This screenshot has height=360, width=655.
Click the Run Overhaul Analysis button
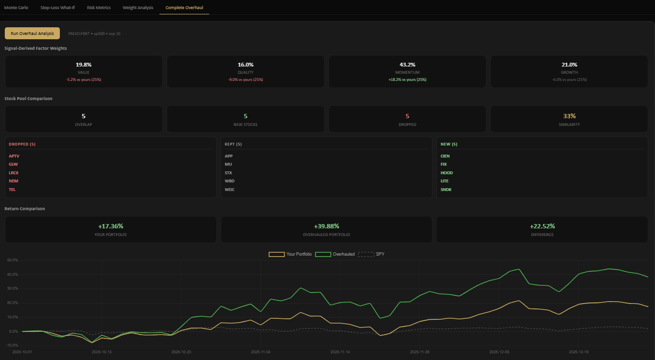click(x=32, y=33)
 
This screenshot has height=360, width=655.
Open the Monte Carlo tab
click(x=16, y=8)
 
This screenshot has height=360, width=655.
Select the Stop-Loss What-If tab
click(x=57, y=8)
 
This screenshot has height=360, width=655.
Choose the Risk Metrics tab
click(x=99, y=8)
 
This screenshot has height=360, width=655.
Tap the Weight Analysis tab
click(x=138, y=8)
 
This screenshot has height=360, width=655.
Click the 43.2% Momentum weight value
click(x=407, y=65)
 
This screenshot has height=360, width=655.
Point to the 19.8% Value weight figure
click(x=83, y=65)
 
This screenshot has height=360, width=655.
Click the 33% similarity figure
click(x=569, y=116)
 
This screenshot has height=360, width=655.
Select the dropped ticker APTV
click(x=14, y=156)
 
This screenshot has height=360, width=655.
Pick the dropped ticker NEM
click(x=13, y=181)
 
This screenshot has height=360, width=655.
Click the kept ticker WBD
click(x=229, y=181)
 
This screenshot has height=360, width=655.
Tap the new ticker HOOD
click(x=446, y=173)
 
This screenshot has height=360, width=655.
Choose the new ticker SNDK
click(x=446, y=190)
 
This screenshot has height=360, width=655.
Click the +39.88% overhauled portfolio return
click(x=326, y=226)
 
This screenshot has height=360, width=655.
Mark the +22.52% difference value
click(x=542, y=226)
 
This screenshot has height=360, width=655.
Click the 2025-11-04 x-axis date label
click(x=260, y=351)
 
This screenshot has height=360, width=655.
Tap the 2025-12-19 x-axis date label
click(x=578, y=351)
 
